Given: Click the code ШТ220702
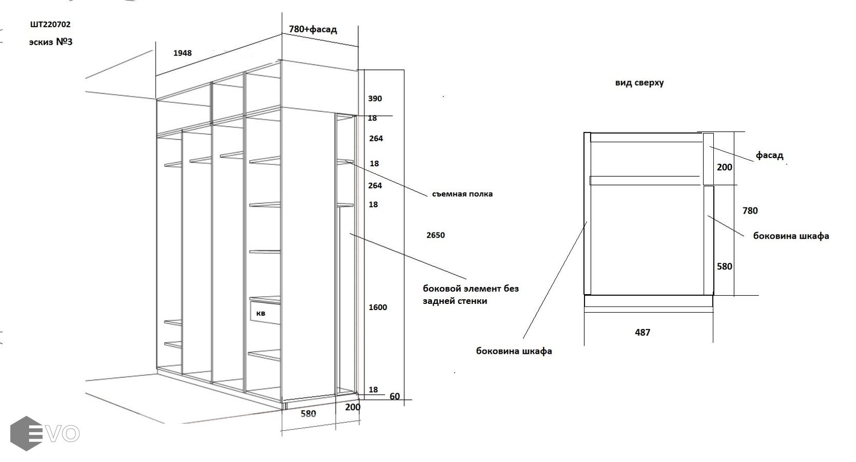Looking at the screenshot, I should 50,24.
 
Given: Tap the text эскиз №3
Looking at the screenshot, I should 50,42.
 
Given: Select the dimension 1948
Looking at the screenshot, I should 182,53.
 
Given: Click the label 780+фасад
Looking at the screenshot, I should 313,29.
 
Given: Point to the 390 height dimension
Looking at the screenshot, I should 375,99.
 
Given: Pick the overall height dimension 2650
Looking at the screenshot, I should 435,235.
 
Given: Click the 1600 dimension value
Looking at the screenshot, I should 378,307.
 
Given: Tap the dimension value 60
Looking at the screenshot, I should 395,396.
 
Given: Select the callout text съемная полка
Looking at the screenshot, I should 462,194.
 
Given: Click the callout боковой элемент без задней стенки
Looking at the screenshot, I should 471,295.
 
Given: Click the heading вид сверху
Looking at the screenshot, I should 639,83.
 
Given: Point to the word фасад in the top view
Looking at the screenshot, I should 769,155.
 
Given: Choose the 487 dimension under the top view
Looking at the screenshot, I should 643,333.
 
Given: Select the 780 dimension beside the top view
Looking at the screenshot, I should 750,210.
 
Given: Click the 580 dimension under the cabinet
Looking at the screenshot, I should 308,414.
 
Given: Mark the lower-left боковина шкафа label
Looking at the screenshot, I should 514,352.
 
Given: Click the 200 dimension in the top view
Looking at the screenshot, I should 724,167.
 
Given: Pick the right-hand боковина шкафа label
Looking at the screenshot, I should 791,236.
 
